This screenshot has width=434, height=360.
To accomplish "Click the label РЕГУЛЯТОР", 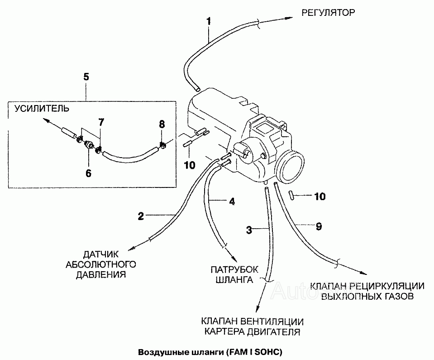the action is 328,13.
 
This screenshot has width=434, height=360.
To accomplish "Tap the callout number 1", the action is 209,21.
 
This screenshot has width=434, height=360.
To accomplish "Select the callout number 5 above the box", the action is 86,77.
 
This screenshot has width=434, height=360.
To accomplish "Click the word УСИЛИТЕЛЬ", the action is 42,108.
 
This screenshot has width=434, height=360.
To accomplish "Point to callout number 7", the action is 101,122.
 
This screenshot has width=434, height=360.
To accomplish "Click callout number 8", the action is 162,125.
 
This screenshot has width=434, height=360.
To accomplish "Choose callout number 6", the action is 88,173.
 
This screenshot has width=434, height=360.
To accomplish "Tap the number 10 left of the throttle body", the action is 190,165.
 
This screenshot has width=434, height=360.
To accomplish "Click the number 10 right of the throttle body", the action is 320,197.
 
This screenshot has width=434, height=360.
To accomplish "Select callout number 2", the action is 141,216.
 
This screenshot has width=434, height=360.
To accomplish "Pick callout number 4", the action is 232,202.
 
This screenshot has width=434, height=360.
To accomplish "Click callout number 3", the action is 249,230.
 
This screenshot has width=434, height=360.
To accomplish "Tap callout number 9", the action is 319,226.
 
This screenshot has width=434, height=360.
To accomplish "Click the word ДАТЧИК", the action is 101,254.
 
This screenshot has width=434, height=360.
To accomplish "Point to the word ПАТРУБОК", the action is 234,269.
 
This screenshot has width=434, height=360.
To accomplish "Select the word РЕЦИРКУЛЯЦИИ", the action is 386,286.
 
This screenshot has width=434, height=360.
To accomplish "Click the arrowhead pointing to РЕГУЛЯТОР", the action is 289,18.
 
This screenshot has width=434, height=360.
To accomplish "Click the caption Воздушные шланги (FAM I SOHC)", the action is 210,352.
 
